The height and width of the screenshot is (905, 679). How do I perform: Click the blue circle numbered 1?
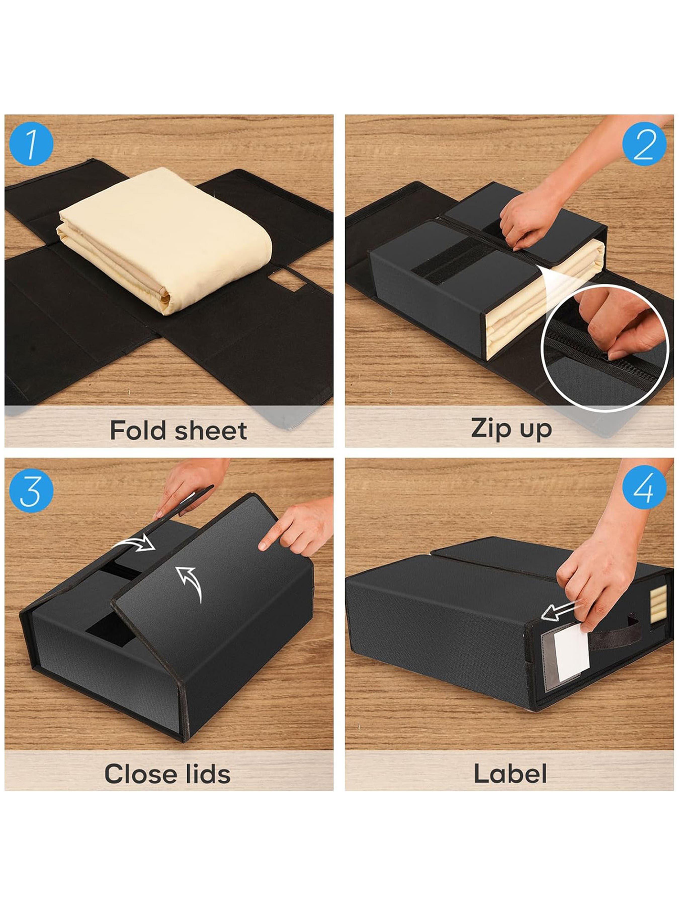(31, 144)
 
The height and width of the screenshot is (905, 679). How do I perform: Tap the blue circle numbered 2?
(644, 144)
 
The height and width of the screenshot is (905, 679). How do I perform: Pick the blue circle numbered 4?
(644, 487)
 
